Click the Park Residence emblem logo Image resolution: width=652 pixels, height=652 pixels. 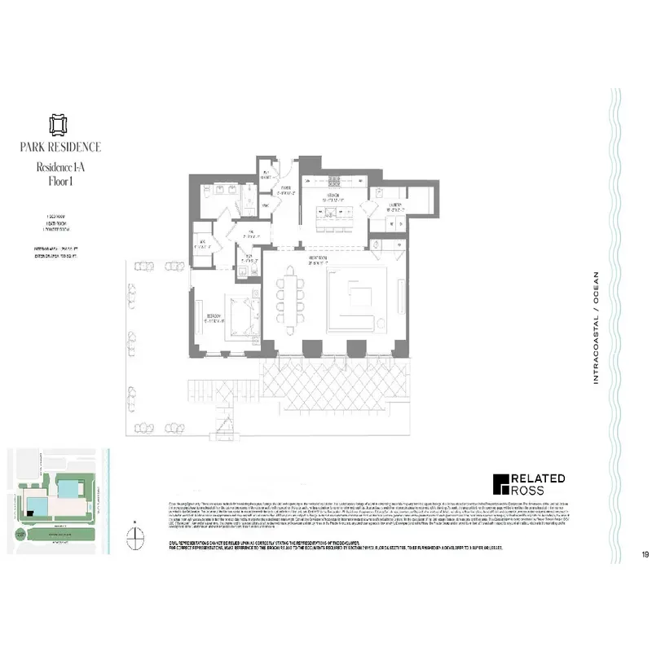point(56,124)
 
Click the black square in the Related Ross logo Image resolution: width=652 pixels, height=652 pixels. point(501,484)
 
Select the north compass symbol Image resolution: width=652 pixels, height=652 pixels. point(134,535)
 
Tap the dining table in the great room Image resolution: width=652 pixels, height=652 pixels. point(290,300)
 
